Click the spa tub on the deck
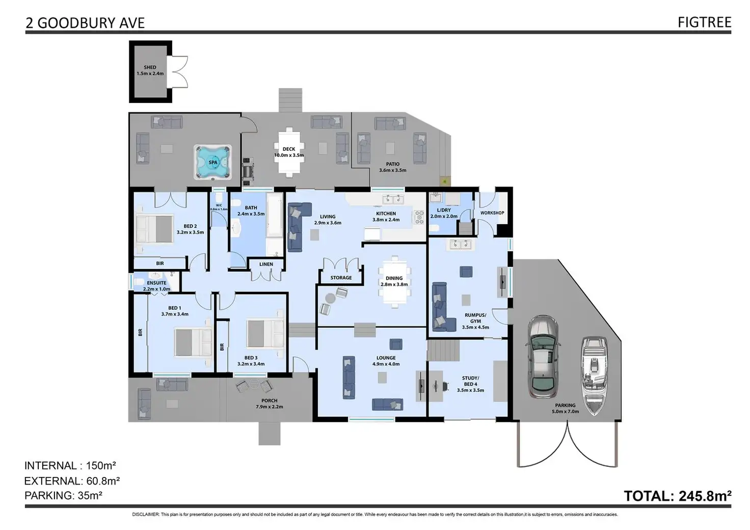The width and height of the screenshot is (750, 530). pyautogui.click(x=212, y=162)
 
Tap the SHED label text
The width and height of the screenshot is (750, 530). pyautogui.click(x=150, y=67)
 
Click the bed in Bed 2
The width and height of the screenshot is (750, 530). pyautogui.click(x=154, y=229)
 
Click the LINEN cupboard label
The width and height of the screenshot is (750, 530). pyautogui.click(x=266, y=264)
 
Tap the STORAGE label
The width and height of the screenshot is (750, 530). pyautogui.click(x=341, y=278)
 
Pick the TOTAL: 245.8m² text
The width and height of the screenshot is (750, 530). pyautogui.click(x=678, y=496)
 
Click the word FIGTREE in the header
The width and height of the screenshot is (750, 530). pyautogui.click(x=704, y=22)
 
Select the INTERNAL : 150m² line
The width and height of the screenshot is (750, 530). pyautogui.click(x=70, y=465)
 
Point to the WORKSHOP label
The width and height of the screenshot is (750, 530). pyautogui.click(x=492, y=213)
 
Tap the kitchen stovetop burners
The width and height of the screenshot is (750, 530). pyautogui.click(x=419, y=217)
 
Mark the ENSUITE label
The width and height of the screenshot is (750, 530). pyautogui.click(x=156, y=283)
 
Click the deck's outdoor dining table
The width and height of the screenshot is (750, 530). pyautogui.click(x=289, y=152)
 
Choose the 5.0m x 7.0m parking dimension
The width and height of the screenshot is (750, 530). pyautogui.click(x=566, y=411)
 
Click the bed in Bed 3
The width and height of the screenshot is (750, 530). pyautogui.click(x=264, y=334)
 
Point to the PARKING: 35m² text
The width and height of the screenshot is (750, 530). pyautogui.click(x=63, y=495)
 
